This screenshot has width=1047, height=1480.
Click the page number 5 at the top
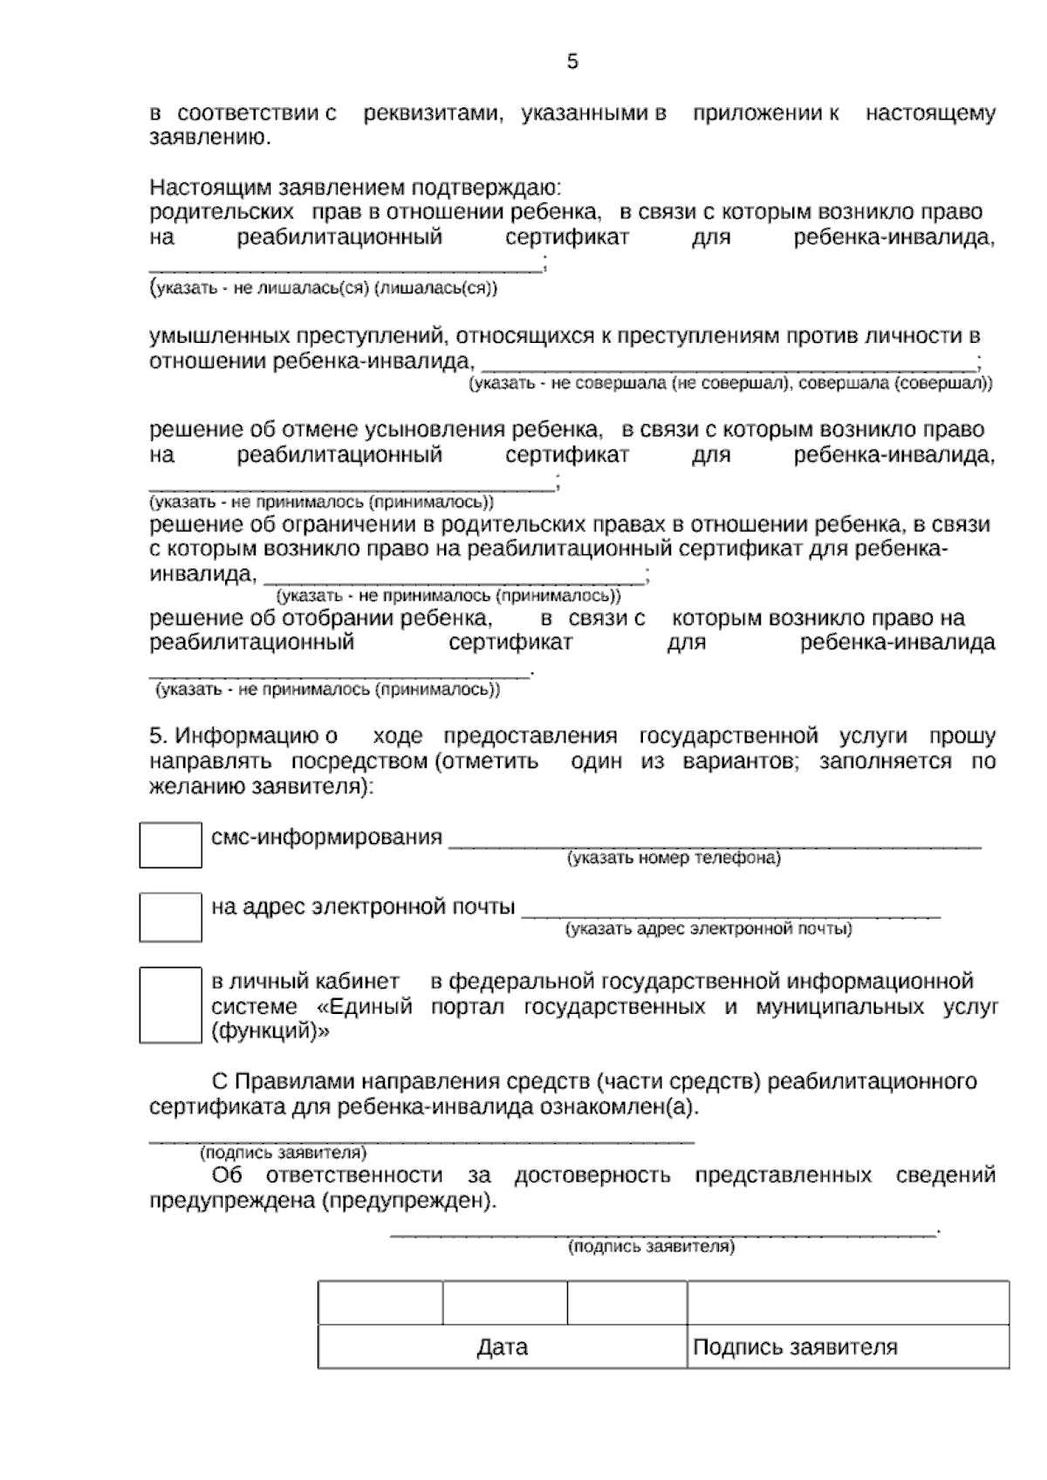tap(572, 62)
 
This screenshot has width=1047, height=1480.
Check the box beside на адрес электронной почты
tap(170, 916)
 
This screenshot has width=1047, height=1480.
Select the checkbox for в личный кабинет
tap(170, 1004)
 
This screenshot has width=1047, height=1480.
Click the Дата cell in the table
tap(503, 1347)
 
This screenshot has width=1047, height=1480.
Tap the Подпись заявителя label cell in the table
tap(795, 1347)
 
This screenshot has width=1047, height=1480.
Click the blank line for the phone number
tap(715, 841)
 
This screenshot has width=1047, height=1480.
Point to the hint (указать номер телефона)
tap(674, 859)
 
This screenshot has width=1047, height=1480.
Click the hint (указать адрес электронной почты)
tap(708, 929)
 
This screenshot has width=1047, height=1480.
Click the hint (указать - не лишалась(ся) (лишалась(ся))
tap(324, 288)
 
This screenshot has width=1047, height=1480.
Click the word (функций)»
tap(270, 1031)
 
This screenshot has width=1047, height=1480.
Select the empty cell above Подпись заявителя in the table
tap(847, 1304)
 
